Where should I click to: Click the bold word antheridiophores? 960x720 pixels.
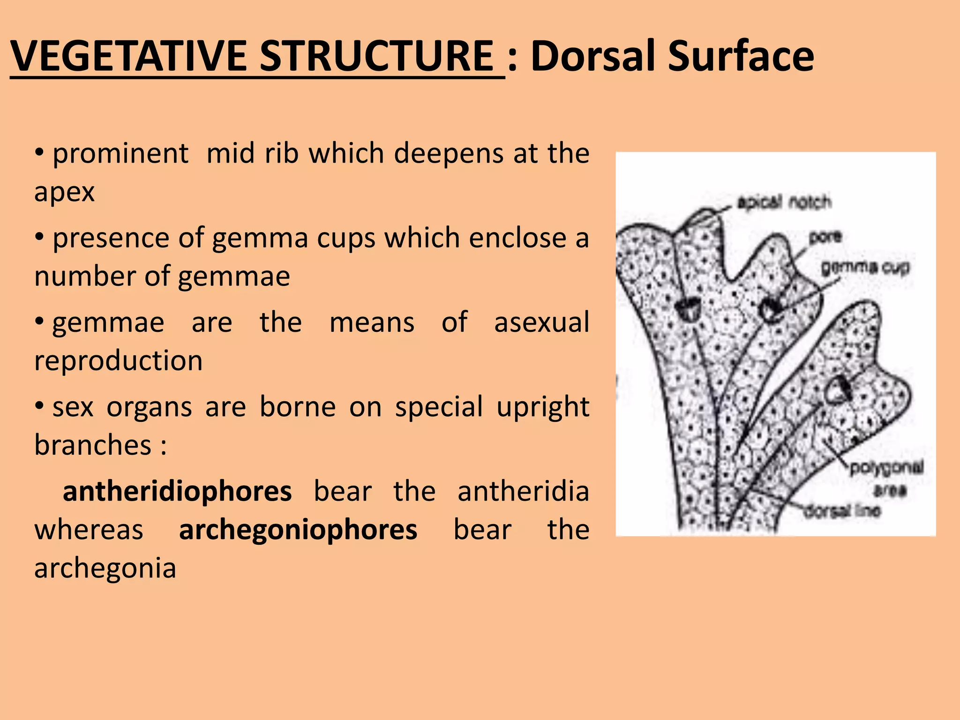[177, 492]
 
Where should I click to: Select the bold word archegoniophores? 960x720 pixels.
[298, 530]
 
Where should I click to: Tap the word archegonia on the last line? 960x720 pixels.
[105, 568]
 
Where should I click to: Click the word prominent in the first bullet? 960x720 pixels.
[120, 153]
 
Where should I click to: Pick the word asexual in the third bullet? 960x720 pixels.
[541, 322]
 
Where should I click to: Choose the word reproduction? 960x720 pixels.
[119, 360]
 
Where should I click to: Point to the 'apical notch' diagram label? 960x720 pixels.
[784, 202]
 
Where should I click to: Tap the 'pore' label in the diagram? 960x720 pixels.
[825, 236]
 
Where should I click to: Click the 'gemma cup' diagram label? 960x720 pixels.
[865, 268]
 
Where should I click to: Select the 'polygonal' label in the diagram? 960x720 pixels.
[886, 467]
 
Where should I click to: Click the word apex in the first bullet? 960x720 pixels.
[65, 192]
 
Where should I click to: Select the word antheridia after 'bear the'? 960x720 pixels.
[523, 492]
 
